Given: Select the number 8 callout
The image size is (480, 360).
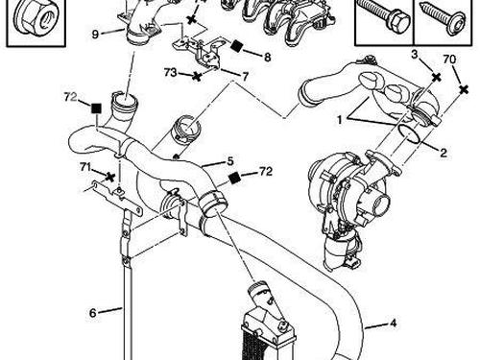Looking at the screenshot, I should click(x=266, y=56).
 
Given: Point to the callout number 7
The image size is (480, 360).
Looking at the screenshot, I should click(x=246, y=76).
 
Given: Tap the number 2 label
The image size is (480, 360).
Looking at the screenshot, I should click(x=443, y=152).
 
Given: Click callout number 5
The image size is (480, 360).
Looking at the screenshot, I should click(x=229, y=160).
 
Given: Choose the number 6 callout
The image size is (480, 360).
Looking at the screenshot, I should click(x=93, y=312).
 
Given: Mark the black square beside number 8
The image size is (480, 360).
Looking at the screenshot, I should click(x=237, y=46).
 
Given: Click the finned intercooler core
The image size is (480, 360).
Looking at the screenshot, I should click(x=264, y=336).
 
